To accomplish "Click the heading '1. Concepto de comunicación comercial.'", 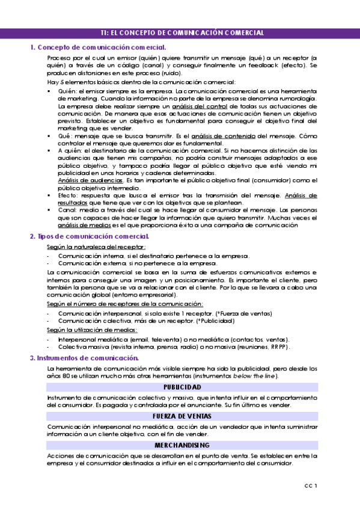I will (98, 47).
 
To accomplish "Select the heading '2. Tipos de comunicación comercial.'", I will (90, 237).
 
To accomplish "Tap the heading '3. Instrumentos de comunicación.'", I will (84, 358).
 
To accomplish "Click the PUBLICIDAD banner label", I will (181, 387).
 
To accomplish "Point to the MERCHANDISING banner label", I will (181, 445).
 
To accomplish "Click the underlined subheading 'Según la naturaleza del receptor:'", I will (96, 247).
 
